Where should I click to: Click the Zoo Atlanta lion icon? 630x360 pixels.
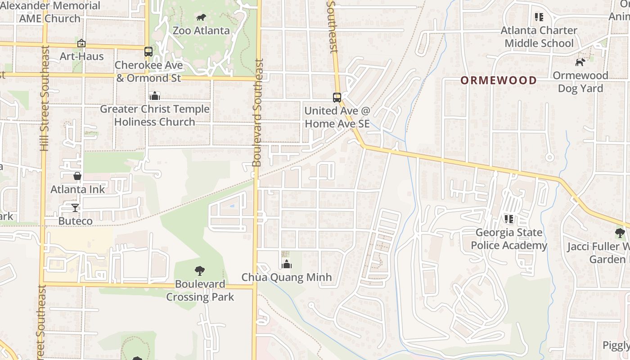click(x=201, y=18)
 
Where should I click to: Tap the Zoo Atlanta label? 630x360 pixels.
click(x=201, y=31)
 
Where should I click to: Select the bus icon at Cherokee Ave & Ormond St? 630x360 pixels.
click(x=148, y=52)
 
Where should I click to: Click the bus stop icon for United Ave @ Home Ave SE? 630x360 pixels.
click(x=337, y=97)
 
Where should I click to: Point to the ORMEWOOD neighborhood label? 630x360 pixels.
click(x=499, y=81)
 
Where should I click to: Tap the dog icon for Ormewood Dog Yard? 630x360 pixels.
click(x=580, y=62)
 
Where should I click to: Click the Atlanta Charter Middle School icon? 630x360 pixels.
click(x=539, y=17)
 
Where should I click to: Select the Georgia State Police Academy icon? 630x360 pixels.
click(x=509, y=219)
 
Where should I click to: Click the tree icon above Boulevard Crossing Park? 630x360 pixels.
click(x=200, y=271)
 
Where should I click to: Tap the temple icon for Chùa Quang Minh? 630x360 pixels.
click(x=286, y=264)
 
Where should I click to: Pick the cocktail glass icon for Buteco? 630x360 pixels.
click(x=75, y=207)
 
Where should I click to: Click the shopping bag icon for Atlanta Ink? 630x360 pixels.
click(x=77, y=176)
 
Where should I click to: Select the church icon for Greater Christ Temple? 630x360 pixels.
click(x=155, y=96)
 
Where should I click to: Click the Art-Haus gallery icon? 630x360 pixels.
click(x=81, y=43)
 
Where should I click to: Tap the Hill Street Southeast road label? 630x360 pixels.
click(x=44, y=99)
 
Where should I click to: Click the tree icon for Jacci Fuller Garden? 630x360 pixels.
click(x=620, y=233)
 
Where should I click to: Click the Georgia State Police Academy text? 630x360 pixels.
click(x=509, y=239)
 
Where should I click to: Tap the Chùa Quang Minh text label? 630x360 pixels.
click(x=287, y=277)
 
